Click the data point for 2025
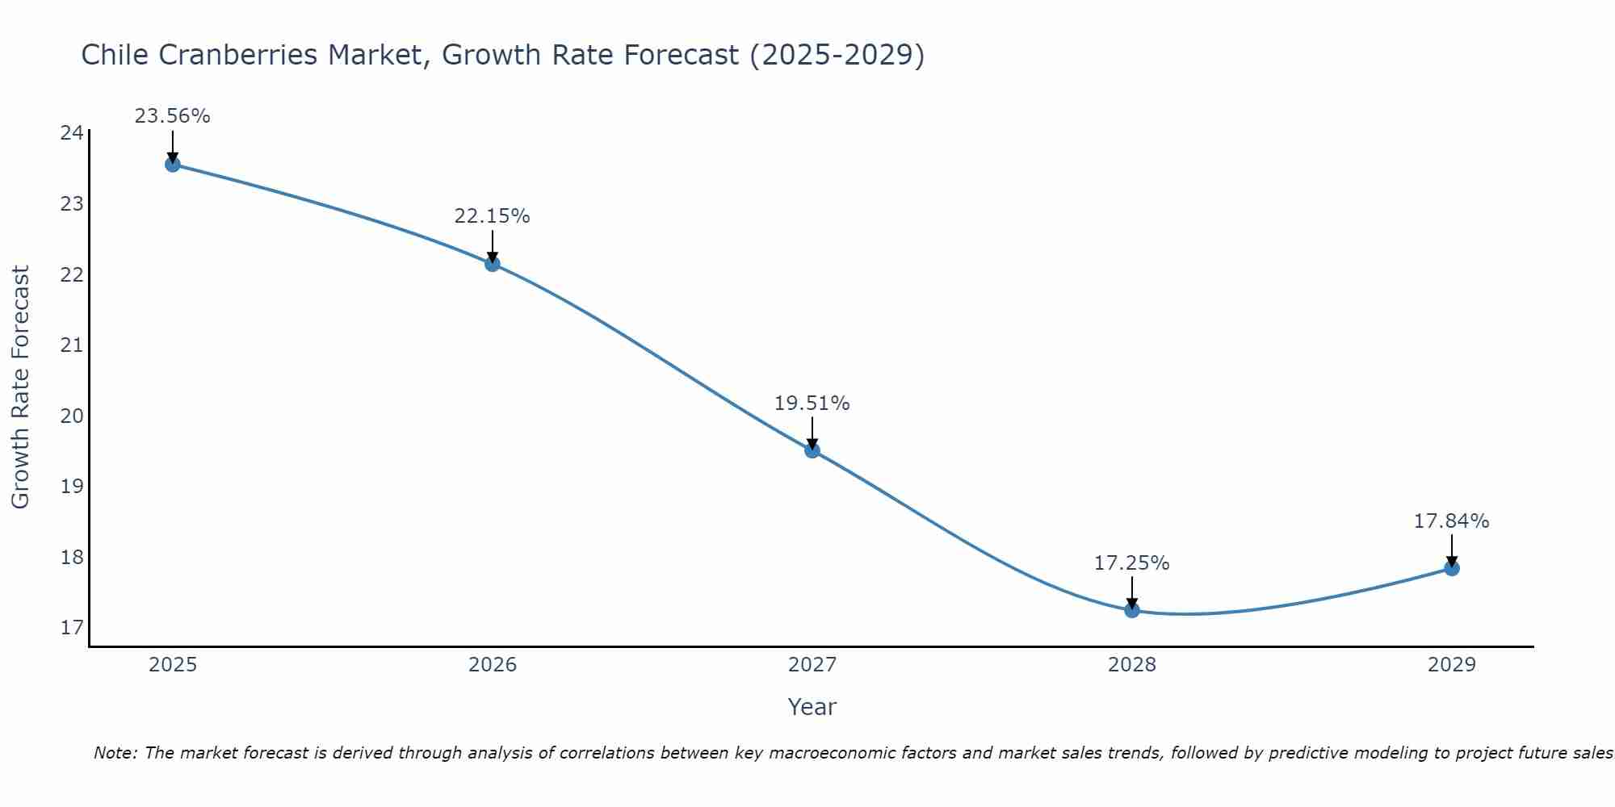(x=172, y=165)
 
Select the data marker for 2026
(x=493, y=263)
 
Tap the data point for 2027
(x=812, y=450)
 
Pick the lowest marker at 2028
(x=1132, y=610)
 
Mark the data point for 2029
(x=1452, y=568)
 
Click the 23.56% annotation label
(x=172, y=116)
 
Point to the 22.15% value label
(x=492, y=216)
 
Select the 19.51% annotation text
(x=812, y=403)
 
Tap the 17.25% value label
(x=1131, y=563)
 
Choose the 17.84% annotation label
(x=1451, y=521)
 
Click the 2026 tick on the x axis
(x=493, y=665)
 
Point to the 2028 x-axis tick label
(x=1132, y=665)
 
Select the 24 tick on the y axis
(x=72, y=133)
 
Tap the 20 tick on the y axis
(x=72, y=416)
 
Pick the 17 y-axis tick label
(x=72, y=628)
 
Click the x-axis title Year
(x=812, y=707)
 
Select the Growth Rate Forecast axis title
(x=20, y=387)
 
